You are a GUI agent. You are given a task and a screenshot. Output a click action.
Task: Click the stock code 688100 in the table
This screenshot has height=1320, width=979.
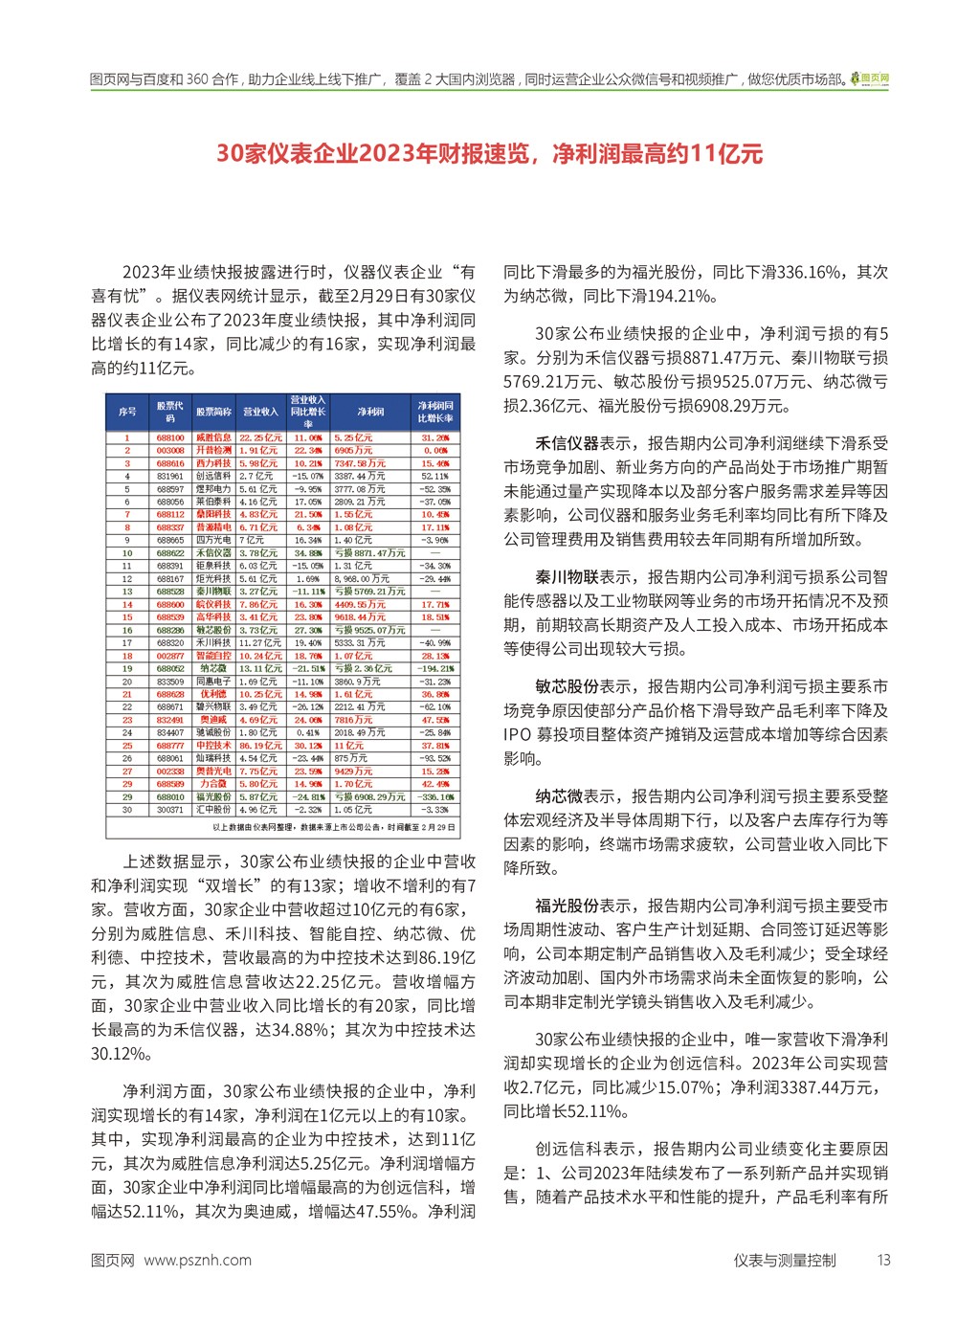coord(169,437)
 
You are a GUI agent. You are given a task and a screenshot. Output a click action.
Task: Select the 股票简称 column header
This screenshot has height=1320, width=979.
coord(213,412)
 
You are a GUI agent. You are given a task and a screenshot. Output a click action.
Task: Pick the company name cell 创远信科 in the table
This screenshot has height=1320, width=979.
coord(213,476)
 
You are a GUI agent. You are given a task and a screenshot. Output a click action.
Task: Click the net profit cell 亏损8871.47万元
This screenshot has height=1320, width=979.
coord(369,552)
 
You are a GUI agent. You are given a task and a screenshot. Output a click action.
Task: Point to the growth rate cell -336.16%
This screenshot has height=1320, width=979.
coord(435,796)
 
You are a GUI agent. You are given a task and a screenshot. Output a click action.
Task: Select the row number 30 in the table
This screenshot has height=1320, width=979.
coord(127,809)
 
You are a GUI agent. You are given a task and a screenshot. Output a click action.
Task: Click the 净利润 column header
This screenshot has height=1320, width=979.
coord(370,412)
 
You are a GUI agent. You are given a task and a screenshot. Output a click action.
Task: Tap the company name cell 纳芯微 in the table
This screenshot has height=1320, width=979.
coord(213,668)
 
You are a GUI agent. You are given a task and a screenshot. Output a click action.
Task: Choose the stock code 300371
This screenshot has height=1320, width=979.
coord(169,809)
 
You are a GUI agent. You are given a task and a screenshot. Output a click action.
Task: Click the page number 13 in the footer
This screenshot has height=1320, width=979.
coord(883,1260)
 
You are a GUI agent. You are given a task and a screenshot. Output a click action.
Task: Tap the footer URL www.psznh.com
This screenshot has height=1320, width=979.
coord(197,1260)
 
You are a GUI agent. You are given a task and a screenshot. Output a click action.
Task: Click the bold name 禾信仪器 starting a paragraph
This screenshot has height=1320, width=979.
coord(567,443)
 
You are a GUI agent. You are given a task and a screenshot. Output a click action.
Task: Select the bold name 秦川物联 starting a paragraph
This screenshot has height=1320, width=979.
coord(567,577)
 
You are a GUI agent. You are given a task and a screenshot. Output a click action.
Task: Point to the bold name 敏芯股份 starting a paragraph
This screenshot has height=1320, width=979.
coord(567,686)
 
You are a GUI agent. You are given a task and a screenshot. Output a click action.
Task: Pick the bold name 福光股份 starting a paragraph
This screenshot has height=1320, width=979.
coord(567,906)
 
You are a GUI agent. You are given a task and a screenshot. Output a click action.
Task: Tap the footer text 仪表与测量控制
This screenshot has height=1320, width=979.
coord(785,1260)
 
